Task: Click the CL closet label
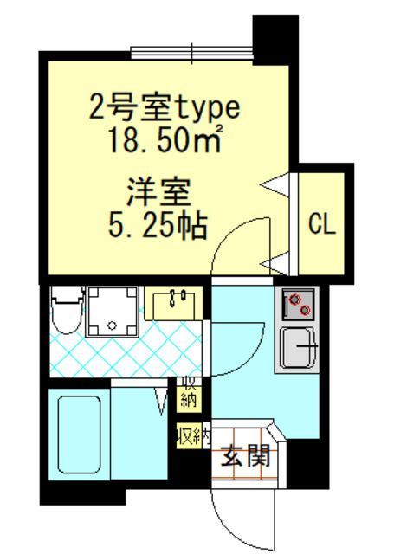click(x=321, y=224)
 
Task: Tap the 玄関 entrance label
click(x=246, y=455)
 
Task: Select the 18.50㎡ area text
click(x=165, y=138)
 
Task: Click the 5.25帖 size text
click(x=158, y=225)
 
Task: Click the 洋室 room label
click(x=159, y=192)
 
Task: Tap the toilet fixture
click(x=68, y=310)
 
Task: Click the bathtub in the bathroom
click(x=80, y=435)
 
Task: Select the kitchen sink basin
click(x=298, y=348)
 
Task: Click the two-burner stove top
click(x=298, y=304)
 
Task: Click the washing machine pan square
click(x=112, y=311)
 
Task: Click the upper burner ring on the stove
click(x=294, y=300)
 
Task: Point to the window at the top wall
click(x=192, y=53)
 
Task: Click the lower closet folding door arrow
click(x=276, y=263)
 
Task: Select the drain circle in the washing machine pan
click(x=113, y=325)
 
